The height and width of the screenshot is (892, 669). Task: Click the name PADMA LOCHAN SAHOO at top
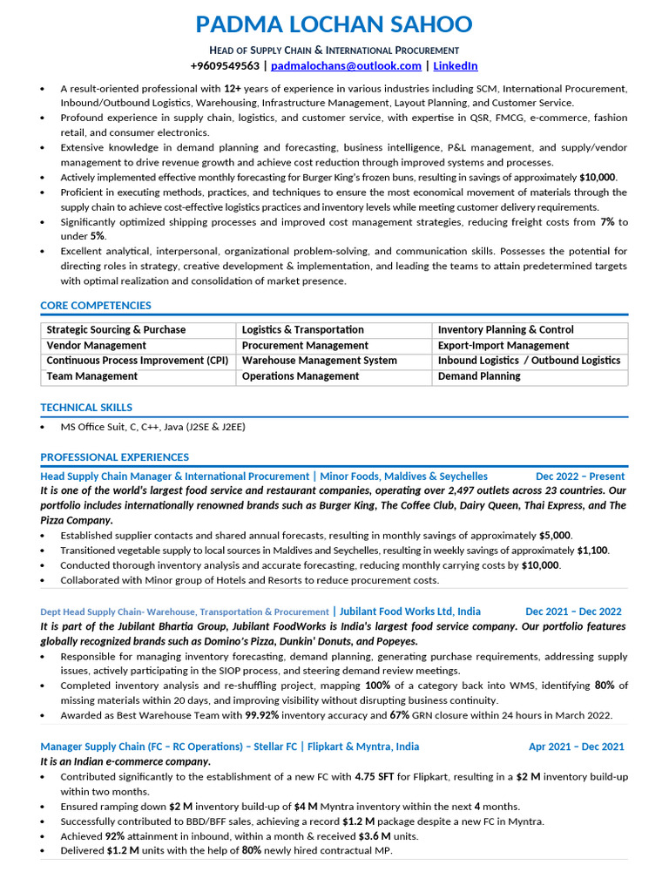(x=334, y=24)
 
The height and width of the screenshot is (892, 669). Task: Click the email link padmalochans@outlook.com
(x=346, y=65)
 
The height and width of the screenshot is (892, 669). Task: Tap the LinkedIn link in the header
(x=455, y=65)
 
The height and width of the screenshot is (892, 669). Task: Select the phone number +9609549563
(x=225, y=65)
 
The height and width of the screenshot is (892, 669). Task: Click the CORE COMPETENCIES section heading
(x=96, y=306)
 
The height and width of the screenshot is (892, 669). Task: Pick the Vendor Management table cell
(x=97, y=346)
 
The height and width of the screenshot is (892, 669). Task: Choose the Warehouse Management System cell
(x=319, y=361)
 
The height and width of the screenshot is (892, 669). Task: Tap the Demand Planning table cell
(x=479, y=376)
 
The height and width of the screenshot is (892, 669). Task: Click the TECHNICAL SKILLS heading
(x=86, y=408)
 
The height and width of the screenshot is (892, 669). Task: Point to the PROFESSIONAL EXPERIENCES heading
(x=114, y=457)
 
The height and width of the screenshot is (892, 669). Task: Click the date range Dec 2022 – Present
(x=580, y=476)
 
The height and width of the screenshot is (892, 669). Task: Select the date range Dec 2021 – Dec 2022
(x=573, y=612)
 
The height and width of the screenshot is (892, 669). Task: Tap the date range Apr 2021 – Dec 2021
(x=576, y=747)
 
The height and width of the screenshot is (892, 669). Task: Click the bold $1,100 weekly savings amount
(x=592, y=551)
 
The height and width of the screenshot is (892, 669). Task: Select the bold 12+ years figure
(x=233, y=89)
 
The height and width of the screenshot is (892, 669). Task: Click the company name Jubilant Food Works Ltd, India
(x=409, y=612)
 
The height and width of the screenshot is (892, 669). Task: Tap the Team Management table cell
(x=92, y=376)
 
